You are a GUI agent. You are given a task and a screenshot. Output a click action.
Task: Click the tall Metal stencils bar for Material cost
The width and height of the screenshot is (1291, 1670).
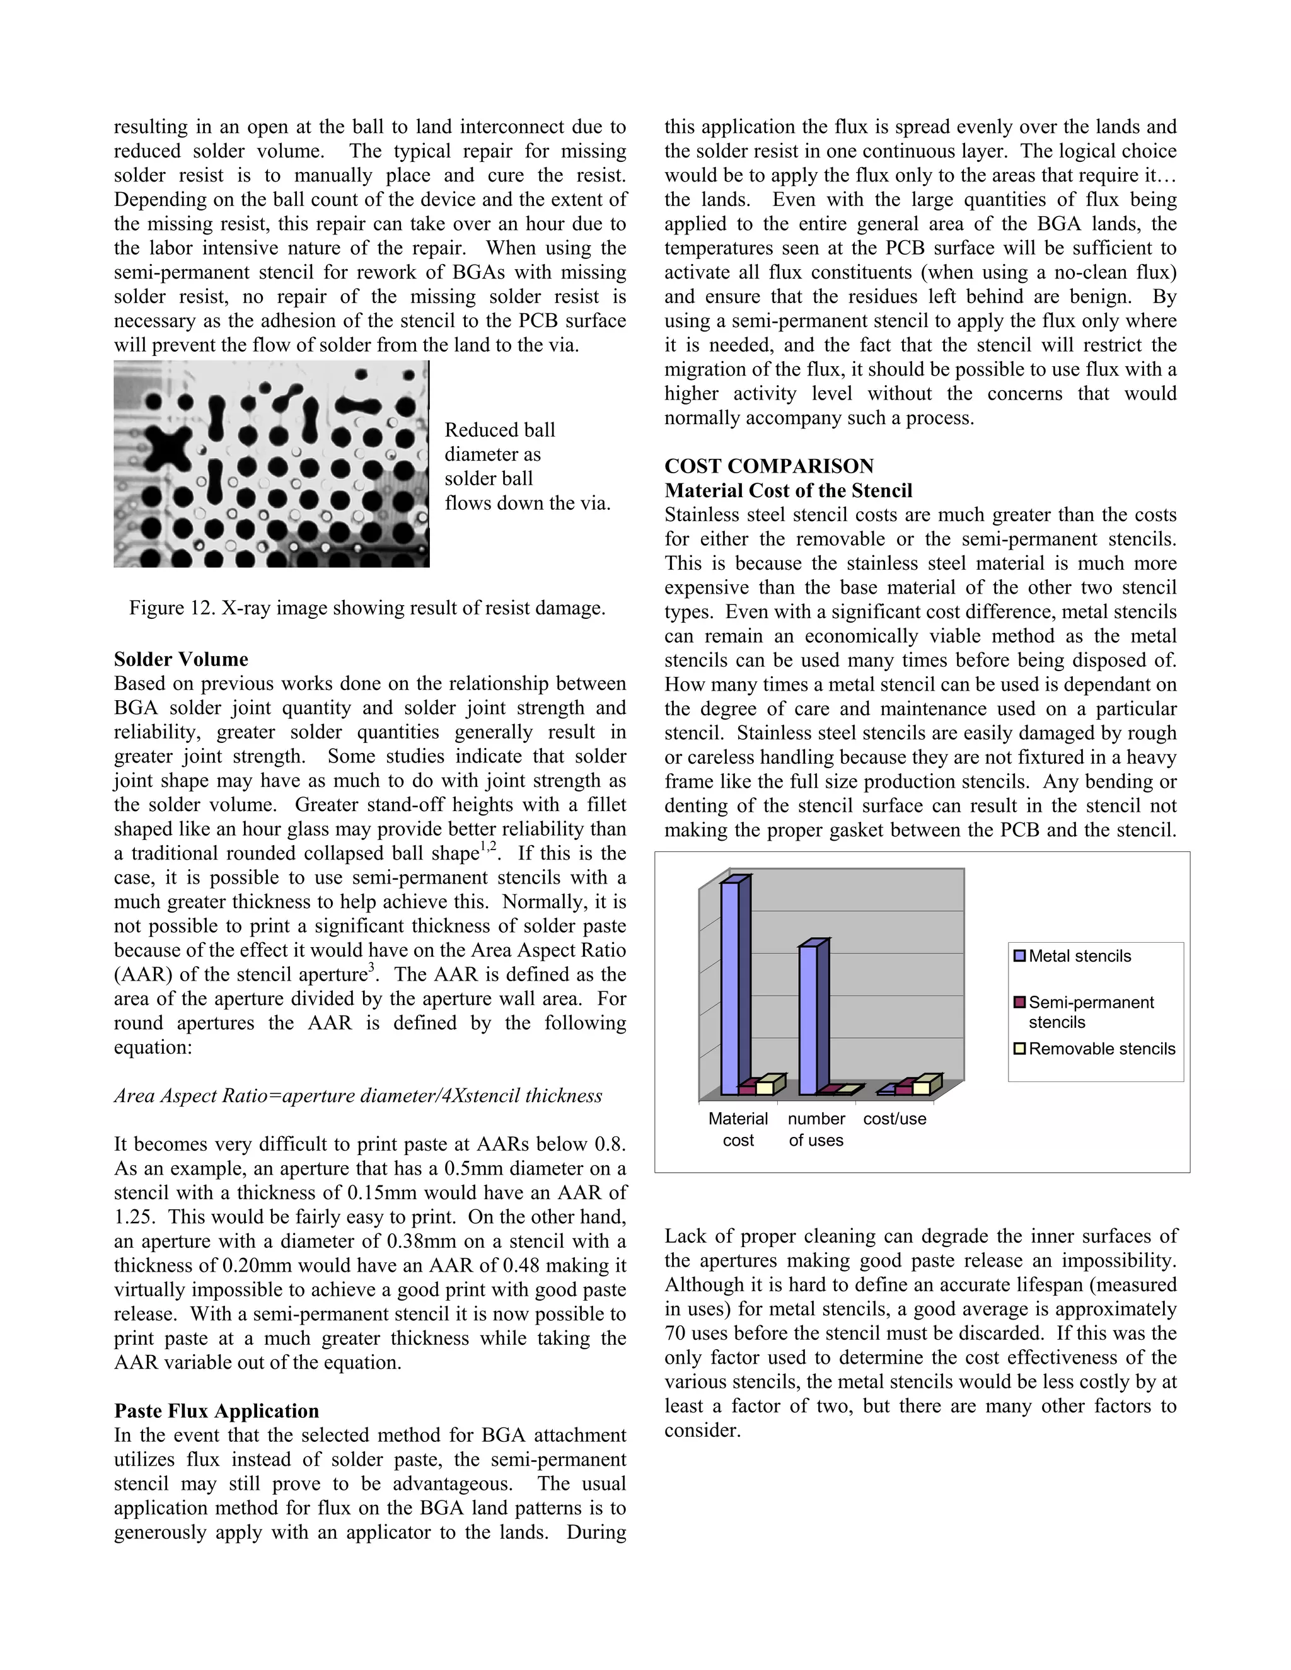coord(731,986)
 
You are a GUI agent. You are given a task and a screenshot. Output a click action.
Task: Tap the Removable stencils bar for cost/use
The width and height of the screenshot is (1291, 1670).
coord(922,1086)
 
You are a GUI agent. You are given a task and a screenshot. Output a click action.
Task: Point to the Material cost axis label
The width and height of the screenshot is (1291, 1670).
coord(738,1129)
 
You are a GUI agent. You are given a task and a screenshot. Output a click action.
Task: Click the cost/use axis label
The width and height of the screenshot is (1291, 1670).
coord(894,1119)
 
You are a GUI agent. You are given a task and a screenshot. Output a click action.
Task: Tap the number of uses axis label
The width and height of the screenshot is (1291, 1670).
coord(816,1129)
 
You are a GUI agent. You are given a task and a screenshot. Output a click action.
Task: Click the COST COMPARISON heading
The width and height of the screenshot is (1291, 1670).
coord(768,466)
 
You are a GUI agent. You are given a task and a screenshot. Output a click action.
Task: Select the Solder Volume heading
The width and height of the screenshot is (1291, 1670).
coord(182,659)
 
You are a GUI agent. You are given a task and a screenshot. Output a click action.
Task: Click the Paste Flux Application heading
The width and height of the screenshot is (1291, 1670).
coord(216,1411)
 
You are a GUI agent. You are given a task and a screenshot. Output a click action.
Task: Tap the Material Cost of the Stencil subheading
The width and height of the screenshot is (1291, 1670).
coord(788,491)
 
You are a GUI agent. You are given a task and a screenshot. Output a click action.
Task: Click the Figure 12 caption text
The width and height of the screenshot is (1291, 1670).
coord(367,608)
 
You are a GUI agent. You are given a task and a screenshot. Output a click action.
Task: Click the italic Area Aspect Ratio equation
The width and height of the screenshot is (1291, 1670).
coord(358,1096)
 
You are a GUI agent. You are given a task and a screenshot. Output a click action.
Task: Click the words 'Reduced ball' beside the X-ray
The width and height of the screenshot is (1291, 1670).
coord(499,430)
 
